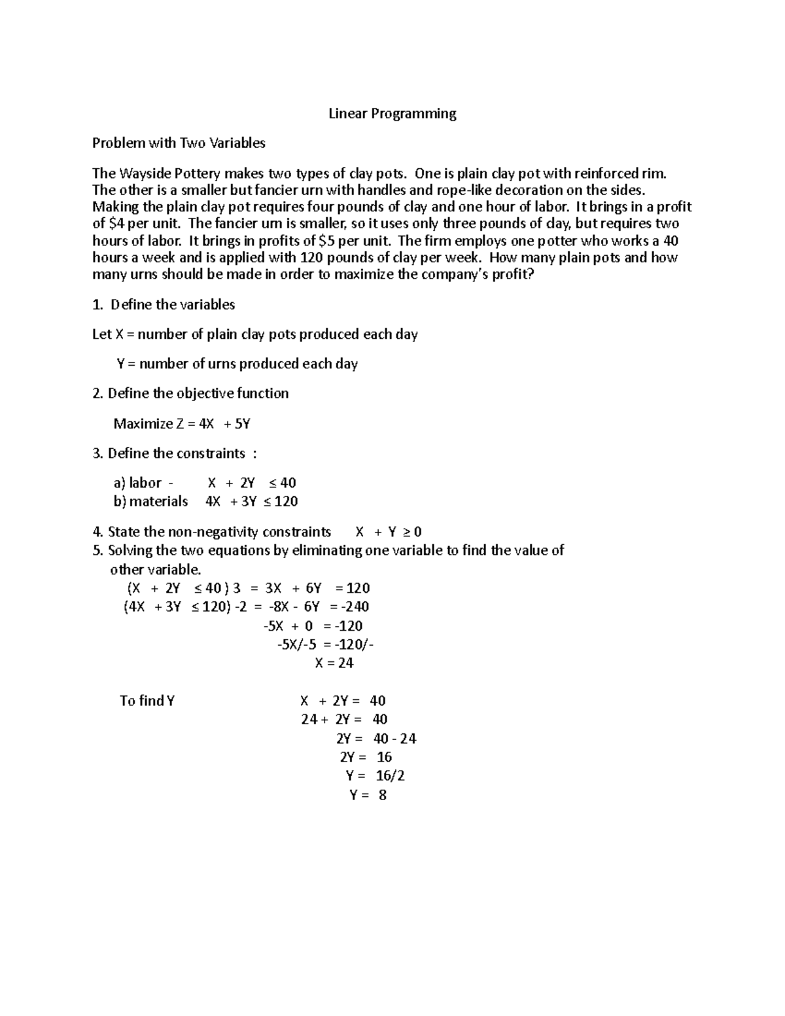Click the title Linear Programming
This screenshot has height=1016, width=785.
pyautogui.click(x=392, y=114)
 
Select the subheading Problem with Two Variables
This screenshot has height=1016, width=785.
pyautogui.click(x=179, y=143)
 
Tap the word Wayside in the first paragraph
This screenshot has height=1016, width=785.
pyautogui.click(x=141, y=173)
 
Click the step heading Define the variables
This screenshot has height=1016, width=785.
pyautogui.click(x=172, y=305)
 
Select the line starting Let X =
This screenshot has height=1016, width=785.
pyautogui.click(x=255, y=335)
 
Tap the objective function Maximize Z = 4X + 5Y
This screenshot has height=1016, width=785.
pyautogui.click(x=182, y=424)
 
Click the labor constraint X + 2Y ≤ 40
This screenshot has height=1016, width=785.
pyautogui.click(x=251, y=483)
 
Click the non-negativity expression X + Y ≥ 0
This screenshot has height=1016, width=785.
pyautogui.click(x=388, y=532)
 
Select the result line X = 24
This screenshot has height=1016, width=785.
pyautogui.click(x=334, y=663)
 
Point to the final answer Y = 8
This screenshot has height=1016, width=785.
pyautogui.click(x=368, y=796)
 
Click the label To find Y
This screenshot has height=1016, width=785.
pyautogui.click(x=147, y=701)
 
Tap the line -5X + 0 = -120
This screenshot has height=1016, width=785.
pyautogui.click(x=313, y=626)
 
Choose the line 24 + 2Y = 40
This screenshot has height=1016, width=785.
pyautogui.click(x=344, y=720)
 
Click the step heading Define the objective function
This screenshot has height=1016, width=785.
pyautogui.click(x=198, y=394)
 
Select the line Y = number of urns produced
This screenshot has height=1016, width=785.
pyautogui.click(x=237, y=364)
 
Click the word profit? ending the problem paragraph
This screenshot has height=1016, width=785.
pyautogui.click(x=512, y=275)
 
